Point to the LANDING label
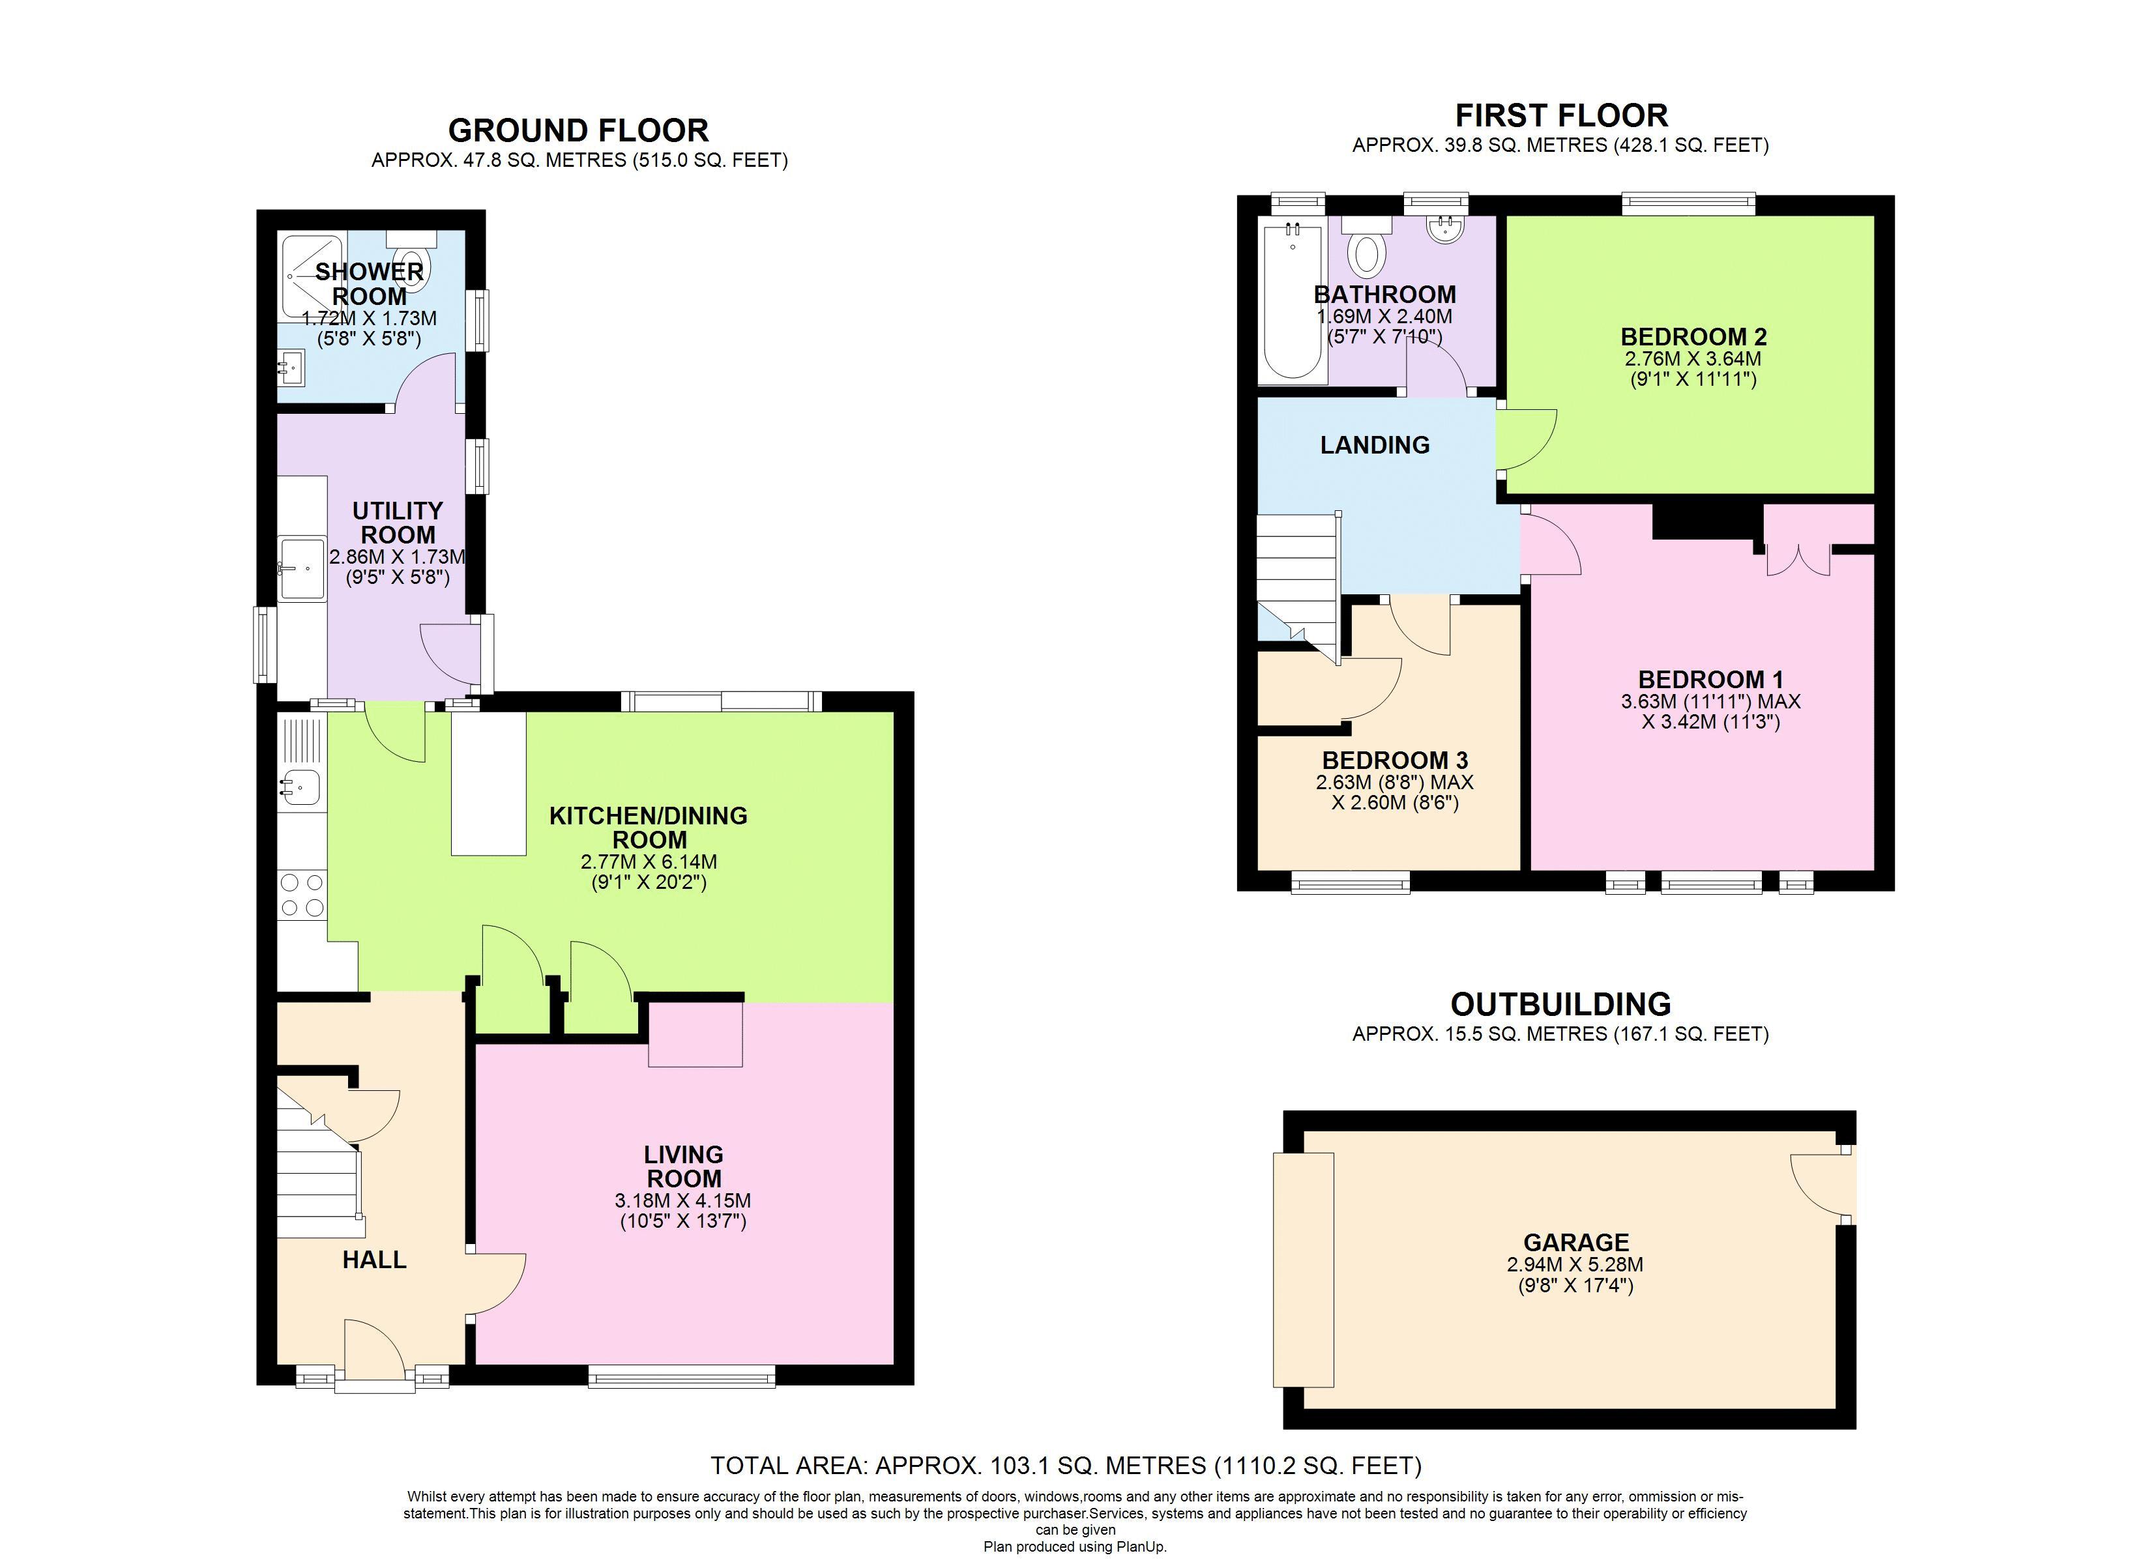[x=1374, y=445]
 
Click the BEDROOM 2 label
[x=1693, y=337]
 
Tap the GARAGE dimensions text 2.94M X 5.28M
[x=1574, y=1264]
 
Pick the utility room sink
[x=302, y=568]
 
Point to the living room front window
[x=681, y=1376]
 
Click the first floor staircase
[x=1297, y=579]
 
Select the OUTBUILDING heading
[x=1560, y=1004]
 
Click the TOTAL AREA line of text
[x=1066, y=1466]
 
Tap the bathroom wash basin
[x=1445, y=229]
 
